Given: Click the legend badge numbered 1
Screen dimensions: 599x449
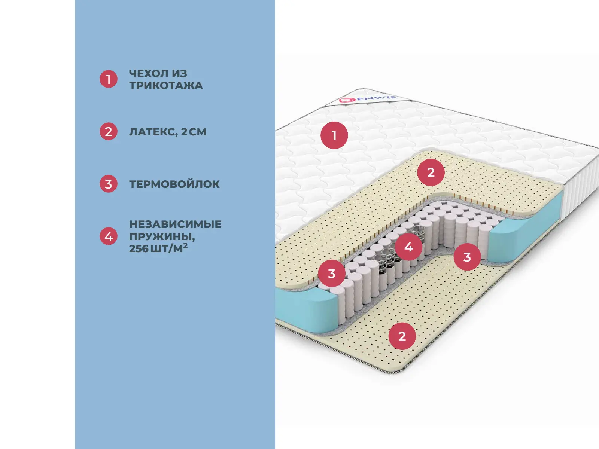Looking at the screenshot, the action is pos(109,79).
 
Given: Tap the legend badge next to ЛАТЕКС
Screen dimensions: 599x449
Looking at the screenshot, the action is pos(109,132).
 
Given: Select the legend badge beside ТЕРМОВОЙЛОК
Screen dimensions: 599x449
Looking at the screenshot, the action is pos(109,184).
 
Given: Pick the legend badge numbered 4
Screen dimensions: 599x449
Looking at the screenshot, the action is pos(109,236).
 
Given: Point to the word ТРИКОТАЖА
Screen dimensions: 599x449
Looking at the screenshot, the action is pos(166,85).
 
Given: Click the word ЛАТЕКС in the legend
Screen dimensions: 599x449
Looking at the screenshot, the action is pos(152,132).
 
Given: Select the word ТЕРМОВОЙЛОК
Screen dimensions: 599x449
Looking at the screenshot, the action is pos(174,184).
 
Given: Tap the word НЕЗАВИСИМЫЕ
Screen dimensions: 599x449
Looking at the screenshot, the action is pos(175,224).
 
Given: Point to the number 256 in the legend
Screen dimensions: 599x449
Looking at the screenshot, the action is pos(139,248).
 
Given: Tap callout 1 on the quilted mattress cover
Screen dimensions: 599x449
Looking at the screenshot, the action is pos(334,135).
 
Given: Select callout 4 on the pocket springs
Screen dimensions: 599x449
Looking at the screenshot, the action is pos(408,247).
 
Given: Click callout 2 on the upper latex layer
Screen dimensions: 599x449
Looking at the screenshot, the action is pos(431,172).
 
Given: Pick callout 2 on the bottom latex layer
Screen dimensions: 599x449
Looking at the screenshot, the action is pos(402,336).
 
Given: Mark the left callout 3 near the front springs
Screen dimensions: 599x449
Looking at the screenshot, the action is pos(332,274).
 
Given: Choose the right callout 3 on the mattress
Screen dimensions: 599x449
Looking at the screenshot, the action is pos(467,257).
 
